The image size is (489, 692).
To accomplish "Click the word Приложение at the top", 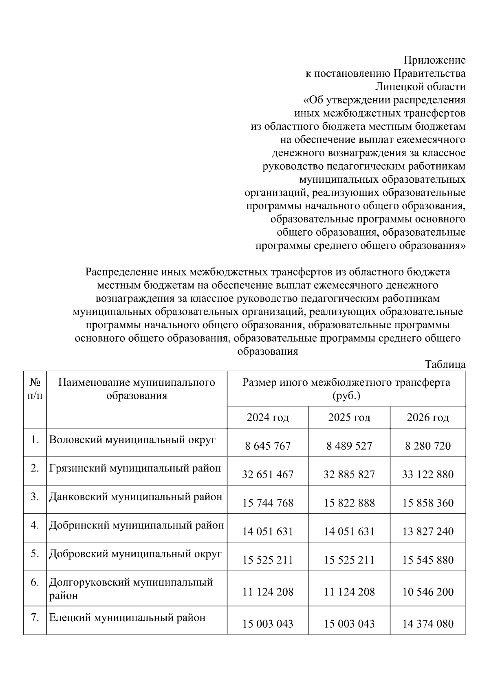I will click(x=434, y=61).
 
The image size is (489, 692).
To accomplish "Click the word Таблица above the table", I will click(x=445, y=365).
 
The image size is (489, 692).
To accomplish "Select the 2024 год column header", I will click(x=268, y=418).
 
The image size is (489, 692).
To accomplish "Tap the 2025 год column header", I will click(x=349, y=418).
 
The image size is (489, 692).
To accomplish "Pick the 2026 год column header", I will click(x=428, y=418).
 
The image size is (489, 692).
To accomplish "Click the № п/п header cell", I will click(x=35, y=389).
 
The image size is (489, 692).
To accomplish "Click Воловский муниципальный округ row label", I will click(x=132, y=440).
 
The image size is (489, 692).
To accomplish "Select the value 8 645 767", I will click(x=268, y=446).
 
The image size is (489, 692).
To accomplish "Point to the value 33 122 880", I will click(x=428, y=474).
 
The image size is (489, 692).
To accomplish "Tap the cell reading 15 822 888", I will click(x=349, y=503).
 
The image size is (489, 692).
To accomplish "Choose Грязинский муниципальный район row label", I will click(x=135, y=468).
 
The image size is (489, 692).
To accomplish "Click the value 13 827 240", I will click(x=428, y=531).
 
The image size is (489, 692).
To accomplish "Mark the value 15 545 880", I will click(x=428, y=560).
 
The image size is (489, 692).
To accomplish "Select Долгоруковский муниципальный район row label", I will click(x=131, y=588).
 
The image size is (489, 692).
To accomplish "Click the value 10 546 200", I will click(x=428, y=592).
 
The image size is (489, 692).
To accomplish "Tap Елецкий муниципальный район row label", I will click(x=127, y=618).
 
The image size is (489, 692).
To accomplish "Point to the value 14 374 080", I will click(x=428, y=624).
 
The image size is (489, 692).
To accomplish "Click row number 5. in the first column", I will click(x=35, y=554).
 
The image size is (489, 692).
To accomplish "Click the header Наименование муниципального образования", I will click(x=137, y=389).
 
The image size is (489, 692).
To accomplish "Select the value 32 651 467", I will click(x=268, y=474).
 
